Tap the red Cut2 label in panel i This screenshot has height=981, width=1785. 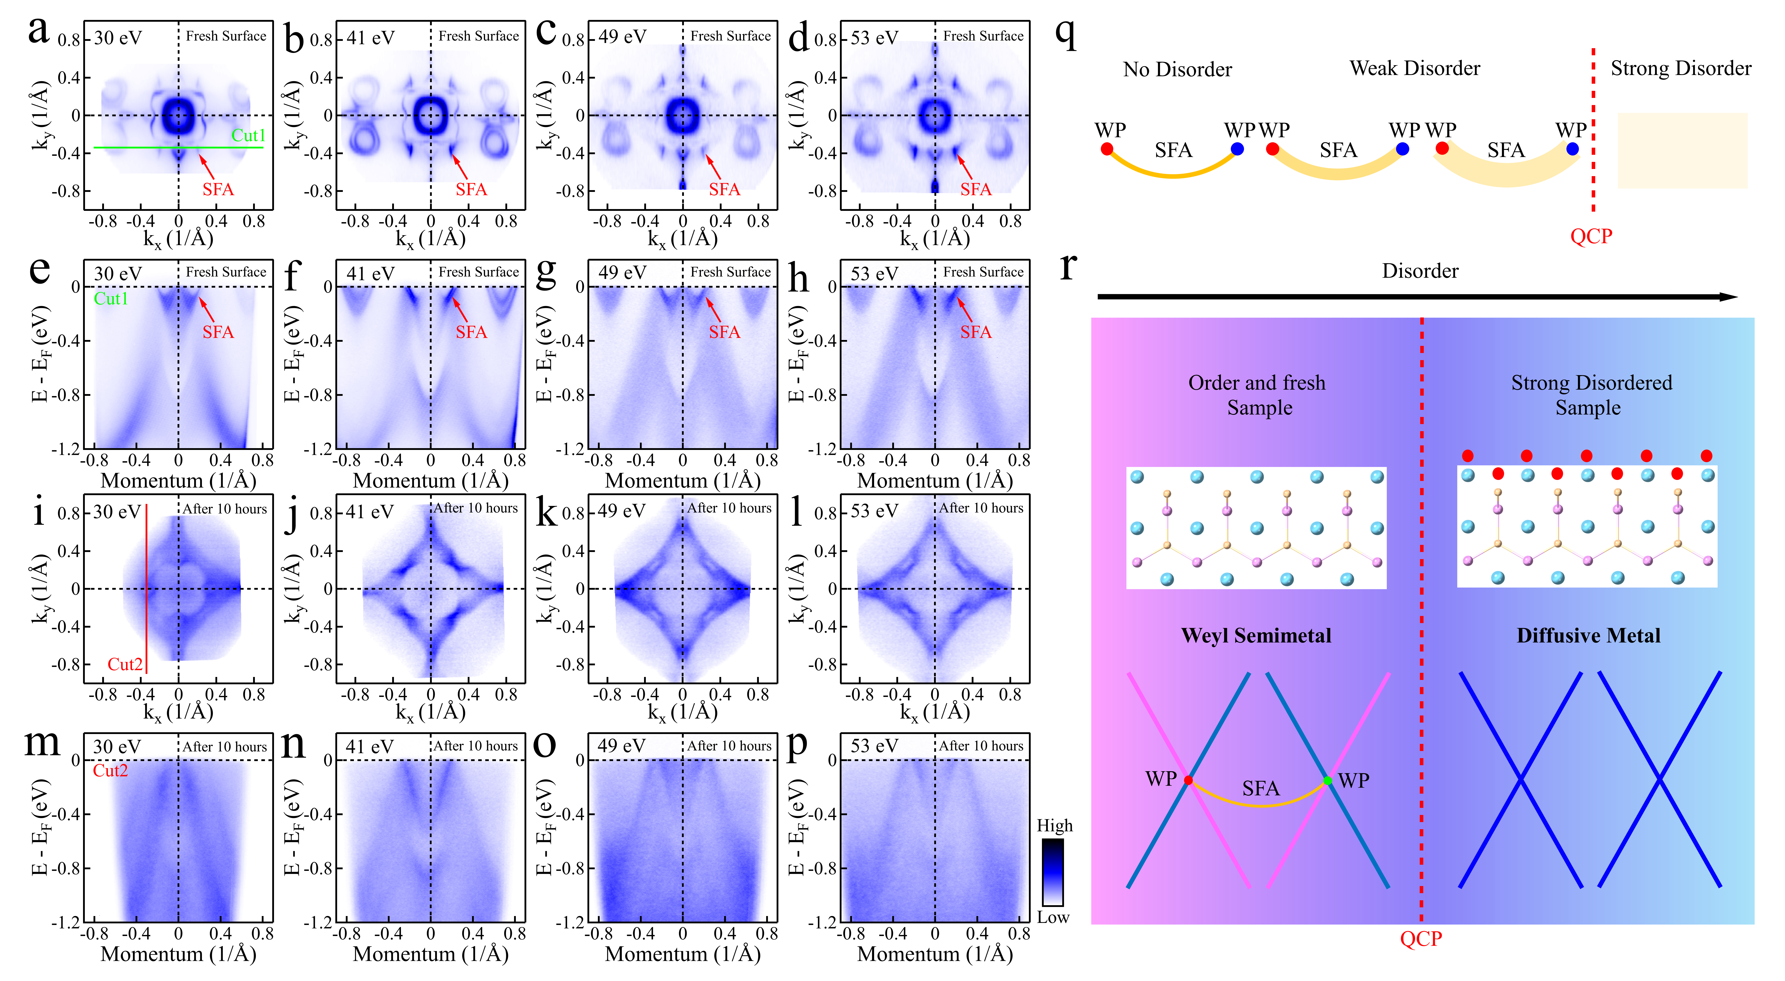coord(125,664)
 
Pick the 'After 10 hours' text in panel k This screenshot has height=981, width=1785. coord(729,508)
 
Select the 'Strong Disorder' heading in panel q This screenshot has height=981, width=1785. coord(1680,69)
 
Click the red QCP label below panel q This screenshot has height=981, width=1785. coord(1591,236)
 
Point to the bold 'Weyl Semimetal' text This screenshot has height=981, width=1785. coord(1256,636)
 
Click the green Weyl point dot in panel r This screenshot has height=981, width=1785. coord(1327,781)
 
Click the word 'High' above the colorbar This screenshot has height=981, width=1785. coord(1054,826)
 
